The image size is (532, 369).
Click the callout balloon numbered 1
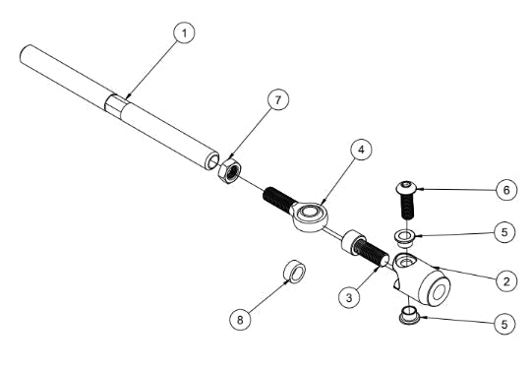pyautogui.click(x=184, y=33)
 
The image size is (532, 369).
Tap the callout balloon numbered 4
pyautogui.click(x=362, y=151)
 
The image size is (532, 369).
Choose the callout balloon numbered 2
pyautogui.click(x=505, y=281)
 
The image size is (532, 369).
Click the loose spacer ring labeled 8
pyautogui.click(x=293, y=272)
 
